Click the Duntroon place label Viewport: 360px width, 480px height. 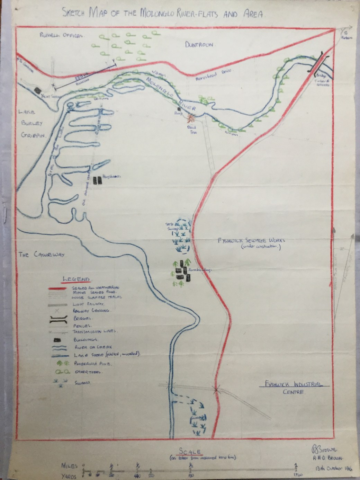[200, 44]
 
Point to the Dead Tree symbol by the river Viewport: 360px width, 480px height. [191, 119]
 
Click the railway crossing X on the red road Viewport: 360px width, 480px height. [217, 390]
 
